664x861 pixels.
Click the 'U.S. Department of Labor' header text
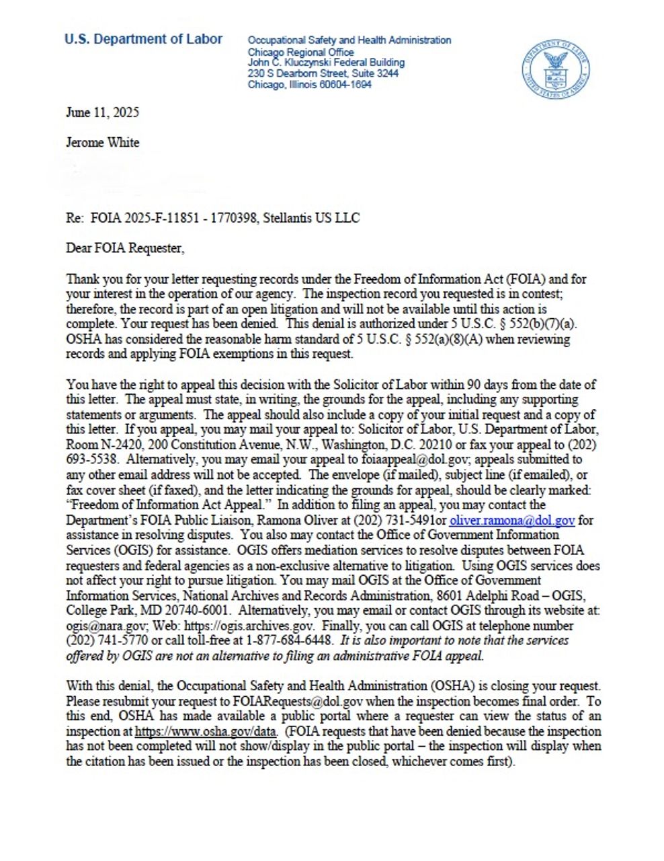click(143, 39)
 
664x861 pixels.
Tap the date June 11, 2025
click(102, 112)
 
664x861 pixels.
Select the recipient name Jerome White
click(102, 142)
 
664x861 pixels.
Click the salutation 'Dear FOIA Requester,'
click(124, 248)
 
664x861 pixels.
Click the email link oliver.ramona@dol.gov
click(512, 520)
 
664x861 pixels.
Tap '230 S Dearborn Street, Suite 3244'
click(323, 73)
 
